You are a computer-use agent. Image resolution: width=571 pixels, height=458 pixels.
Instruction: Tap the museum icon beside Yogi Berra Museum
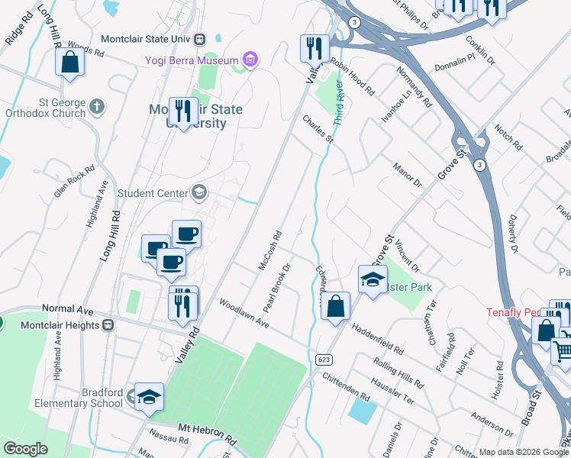[249, 59]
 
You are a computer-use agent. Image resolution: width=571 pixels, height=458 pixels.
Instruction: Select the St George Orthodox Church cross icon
[96, 106]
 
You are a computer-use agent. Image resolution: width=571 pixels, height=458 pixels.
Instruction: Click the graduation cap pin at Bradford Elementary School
[150, 397]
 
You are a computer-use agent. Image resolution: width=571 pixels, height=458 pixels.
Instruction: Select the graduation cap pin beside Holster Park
[373, 279]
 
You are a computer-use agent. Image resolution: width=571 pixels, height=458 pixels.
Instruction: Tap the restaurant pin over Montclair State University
[182, 111]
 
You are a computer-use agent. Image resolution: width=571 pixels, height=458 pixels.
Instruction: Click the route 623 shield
[322, 358]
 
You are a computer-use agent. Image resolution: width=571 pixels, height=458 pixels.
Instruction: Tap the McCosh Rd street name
[270, 250]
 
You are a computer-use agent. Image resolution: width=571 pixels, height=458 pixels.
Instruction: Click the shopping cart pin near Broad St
[563, 352]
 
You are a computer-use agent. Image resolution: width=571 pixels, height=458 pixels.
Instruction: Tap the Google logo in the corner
[26, 449]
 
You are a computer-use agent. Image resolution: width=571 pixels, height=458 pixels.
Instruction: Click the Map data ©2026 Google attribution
[524, 452]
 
